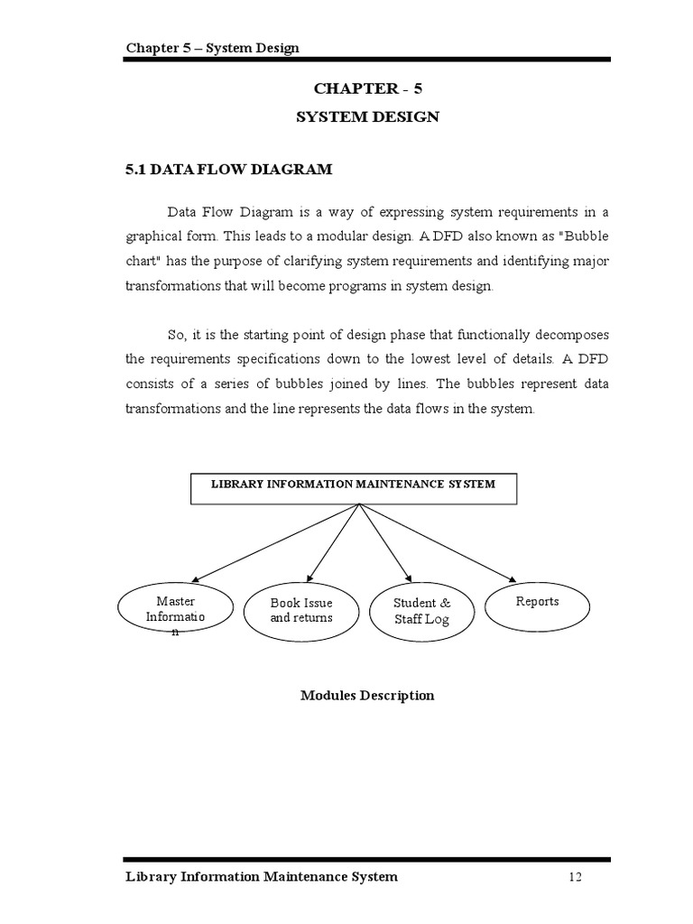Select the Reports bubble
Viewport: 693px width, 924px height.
[x=537, y=607]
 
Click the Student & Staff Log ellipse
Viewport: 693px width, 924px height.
[x=421, y=614]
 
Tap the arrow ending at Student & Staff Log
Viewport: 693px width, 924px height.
[x=384, y=541]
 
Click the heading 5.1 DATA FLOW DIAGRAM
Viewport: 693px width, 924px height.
[x=228, y=169]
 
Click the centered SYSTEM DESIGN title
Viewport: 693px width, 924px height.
[x=367, y=117]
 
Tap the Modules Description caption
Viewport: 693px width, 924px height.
[x=367, y=696]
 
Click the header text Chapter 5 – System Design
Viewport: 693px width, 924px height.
[x=212, y=48]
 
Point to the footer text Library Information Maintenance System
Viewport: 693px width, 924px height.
[x=261, y=877]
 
